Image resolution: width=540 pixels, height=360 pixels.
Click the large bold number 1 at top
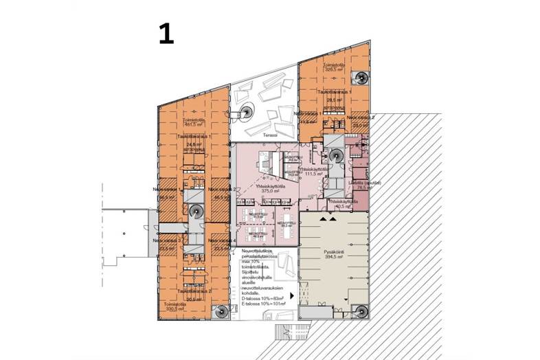click(166, 33)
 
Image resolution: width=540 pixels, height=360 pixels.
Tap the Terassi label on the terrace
click(269, 135)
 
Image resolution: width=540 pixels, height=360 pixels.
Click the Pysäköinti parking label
click(333, 252)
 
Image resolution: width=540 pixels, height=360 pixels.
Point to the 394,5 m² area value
click(333, 258)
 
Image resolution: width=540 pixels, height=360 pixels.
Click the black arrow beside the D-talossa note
click(293, 295)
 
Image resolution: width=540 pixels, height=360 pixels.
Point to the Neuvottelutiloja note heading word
click(259, 253)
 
